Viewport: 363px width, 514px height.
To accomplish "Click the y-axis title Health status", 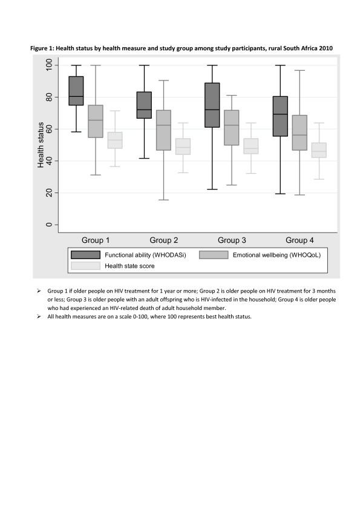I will point(41,145).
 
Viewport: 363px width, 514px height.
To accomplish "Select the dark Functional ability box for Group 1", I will point(76,91).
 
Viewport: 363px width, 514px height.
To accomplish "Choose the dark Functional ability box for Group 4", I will point(281,116).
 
